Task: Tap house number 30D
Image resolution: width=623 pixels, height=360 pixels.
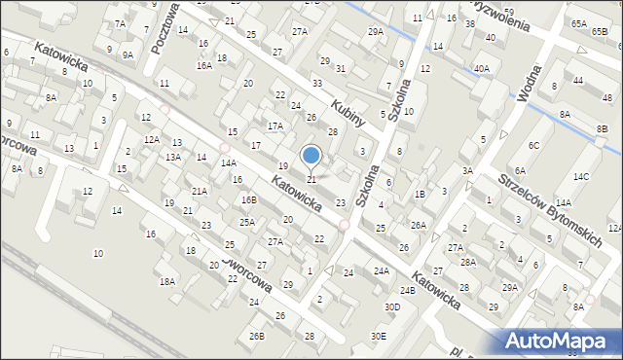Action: pos(391,307)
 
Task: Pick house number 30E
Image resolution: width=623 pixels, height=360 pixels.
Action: pos(378,336)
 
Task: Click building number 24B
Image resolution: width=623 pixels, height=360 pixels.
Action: pos(408,290)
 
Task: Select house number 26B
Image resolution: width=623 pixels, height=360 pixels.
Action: pos(256,336)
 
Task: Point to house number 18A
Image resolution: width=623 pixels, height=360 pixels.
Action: pos(167,281)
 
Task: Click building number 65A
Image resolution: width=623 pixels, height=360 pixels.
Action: pos(579,23)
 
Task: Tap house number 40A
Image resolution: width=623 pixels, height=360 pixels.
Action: pos(481,68)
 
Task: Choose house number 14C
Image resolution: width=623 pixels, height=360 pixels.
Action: pos(581,176)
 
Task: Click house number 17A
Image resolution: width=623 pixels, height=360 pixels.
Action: pos(275,126)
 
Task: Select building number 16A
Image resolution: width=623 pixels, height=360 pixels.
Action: pos(203,65)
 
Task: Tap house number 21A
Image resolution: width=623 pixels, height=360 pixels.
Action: pos(199,192)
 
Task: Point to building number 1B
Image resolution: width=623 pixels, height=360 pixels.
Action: pos(420,194)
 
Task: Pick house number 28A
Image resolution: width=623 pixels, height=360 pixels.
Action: pos(468,262)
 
